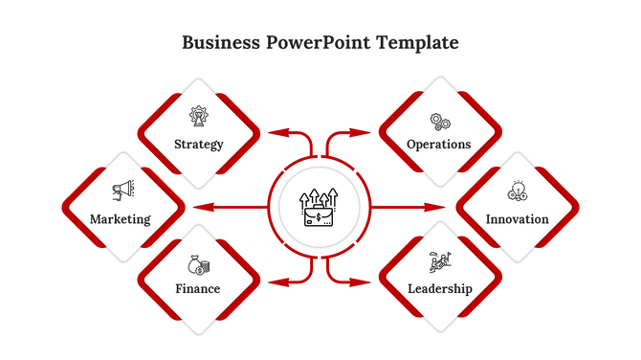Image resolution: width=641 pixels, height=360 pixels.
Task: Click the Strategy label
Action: pyautogui.click(x=199, y=145)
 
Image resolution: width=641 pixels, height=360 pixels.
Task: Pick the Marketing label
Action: pyautogui.click(x=121, y=219)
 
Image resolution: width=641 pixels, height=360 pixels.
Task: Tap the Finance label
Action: pyautogui.click(x=198, y=288)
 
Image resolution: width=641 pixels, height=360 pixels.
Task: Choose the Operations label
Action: pyautogui.click(x=439, y=145)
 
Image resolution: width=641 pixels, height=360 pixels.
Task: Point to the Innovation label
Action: pyautogui.click(x=518, y=219)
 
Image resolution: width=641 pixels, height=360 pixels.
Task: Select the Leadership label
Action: pyautogui.click(x=439, y=288)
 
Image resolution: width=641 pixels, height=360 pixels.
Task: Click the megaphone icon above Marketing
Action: pyautogui.click(x=122, y=191)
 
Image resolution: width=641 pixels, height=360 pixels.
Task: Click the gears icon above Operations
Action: pyautogui.click(x=440, y=122)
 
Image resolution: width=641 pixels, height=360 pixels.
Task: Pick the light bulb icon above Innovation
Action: pyautogui.click(x=518, y=191)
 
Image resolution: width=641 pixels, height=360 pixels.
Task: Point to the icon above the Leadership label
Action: pyautogui.click(x=439, y=261)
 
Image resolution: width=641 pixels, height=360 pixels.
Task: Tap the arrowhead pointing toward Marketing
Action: pyautogui.click(x=198, y=206)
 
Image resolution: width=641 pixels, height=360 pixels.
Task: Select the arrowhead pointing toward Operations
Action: pyautogui.click(x=365, y=132)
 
